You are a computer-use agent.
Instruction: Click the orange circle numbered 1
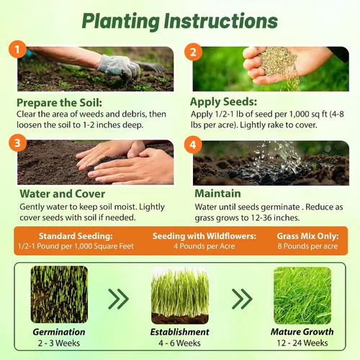click(17, 49)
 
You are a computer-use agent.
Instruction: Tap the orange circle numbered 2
click(193, 52)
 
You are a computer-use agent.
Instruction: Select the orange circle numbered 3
click(17, 143)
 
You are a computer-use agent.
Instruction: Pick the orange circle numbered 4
click(193, 145)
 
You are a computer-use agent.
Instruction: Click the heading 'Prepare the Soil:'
click(59, 103)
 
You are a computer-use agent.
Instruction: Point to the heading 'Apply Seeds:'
click(223, 102)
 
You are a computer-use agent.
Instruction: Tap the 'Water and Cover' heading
click(63, 194)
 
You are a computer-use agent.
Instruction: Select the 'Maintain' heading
click(217, 194)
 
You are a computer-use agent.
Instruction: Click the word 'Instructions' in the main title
click(221, 21)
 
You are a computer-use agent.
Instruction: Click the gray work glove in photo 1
click(120, 68)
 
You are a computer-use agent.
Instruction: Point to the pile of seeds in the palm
click(279, 62)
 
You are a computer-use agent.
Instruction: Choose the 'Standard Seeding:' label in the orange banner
click(76, 236)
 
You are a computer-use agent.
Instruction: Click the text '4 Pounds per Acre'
click(204, 246)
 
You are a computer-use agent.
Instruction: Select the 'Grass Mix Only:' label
click(307, 236)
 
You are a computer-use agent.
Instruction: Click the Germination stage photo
click(59, 294)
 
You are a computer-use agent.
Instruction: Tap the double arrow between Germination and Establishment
click(119, 299)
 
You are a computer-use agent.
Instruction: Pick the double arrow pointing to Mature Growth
click(242, 299)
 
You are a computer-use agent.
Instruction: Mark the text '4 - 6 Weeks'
click(179, 343)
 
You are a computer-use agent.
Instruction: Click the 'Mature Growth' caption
click(302, 332)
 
